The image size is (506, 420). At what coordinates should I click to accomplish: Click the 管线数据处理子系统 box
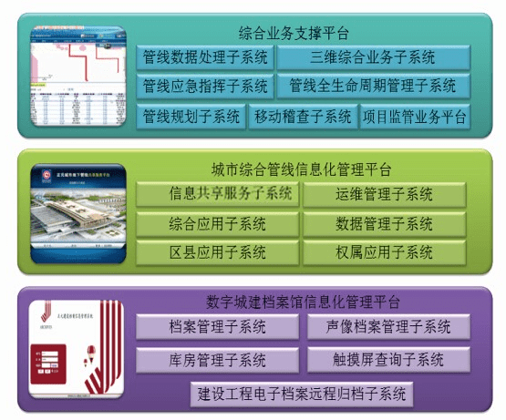pyautogui.click(x=205, y=57)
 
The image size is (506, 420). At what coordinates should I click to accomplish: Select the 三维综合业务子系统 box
pyautogui.click(x=373, y=57)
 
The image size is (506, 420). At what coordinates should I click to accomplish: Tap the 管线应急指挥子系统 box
pyautogui.click(x=205, y=87)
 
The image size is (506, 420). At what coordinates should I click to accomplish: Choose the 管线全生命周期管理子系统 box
pyautogui.click(x=373, y=87)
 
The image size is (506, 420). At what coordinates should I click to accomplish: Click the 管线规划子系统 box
pyautogui.click(x=191, y=117)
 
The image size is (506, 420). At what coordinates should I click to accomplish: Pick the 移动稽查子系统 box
pyautogui.click(x=303, y=117)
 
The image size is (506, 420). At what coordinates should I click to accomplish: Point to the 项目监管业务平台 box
pyautogui.click(x=415, y=117)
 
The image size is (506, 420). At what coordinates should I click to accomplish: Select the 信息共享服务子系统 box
pyautogui.click(x=218, y=194)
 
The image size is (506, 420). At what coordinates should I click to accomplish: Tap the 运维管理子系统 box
pyautogui.click(x=384, y=194)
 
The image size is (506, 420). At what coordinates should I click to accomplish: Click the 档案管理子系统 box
pyautogui.click(x=218, y=327)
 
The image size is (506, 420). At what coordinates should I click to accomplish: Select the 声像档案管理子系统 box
pyautogui.click(x=387, y=327)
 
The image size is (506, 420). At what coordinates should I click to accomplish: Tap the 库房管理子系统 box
pyautogui.click(x=218, y=359)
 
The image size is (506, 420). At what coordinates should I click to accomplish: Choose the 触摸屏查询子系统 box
pyautogui.click(x=387, y=359)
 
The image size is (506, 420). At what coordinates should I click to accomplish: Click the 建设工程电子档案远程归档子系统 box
pyautogui.click(x=302, y=394)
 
